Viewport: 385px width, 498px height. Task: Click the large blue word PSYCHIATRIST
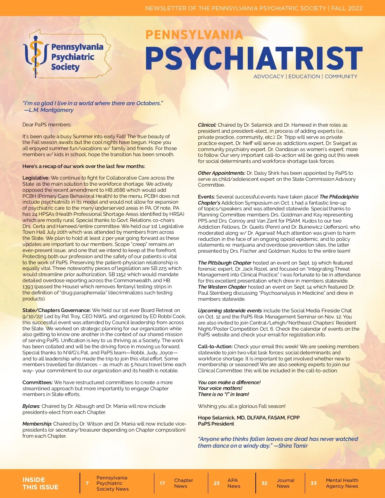pyautogui.click(x=254, y=58)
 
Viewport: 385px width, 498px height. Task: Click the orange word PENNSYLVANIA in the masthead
pyautogui.click(x=194, y=35)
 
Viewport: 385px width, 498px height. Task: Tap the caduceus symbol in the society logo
pyautogui.click(x=36, y=55)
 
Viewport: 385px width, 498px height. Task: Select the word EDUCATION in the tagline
pyautogui.click(x=304, y=76)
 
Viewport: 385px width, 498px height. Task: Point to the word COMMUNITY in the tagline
pyautogui.click(x=341, y=76)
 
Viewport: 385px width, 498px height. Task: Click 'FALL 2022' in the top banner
pyautogui.click(x=347, y=8)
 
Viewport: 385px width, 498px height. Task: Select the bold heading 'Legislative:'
pyautogui.click(x=36, y=178)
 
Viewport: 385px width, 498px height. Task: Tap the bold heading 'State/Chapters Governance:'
pyautogui.click(x=56, y=310)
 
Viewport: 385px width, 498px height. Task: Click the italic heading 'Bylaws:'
pyautogui.click(x=31, y=406)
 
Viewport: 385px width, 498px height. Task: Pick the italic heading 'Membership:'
pyautogui.click(x=37, y=424)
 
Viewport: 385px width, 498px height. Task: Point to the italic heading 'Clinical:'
pyautogui.click(x=207, y=125)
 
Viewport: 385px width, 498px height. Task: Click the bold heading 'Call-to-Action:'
pyautogui.click(x=215, y=346)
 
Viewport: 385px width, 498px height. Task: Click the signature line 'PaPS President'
pyautogui.click(x=216, y=424)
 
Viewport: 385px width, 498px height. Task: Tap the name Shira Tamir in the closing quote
pyautogui.click(x=293, y=446)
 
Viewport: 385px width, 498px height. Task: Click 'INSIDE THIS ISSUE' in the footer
pyautogui.click(x=40, y=483)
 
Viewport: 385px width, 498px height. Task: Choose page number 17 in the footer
pyautogui.click(x=162, y=483)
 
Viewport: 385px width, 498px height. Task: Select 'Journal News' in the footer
pyautogui.click(x=285, y=483)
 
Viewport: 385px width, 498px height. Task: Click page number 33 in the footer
pyautogui.click(x=313, y=483)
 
